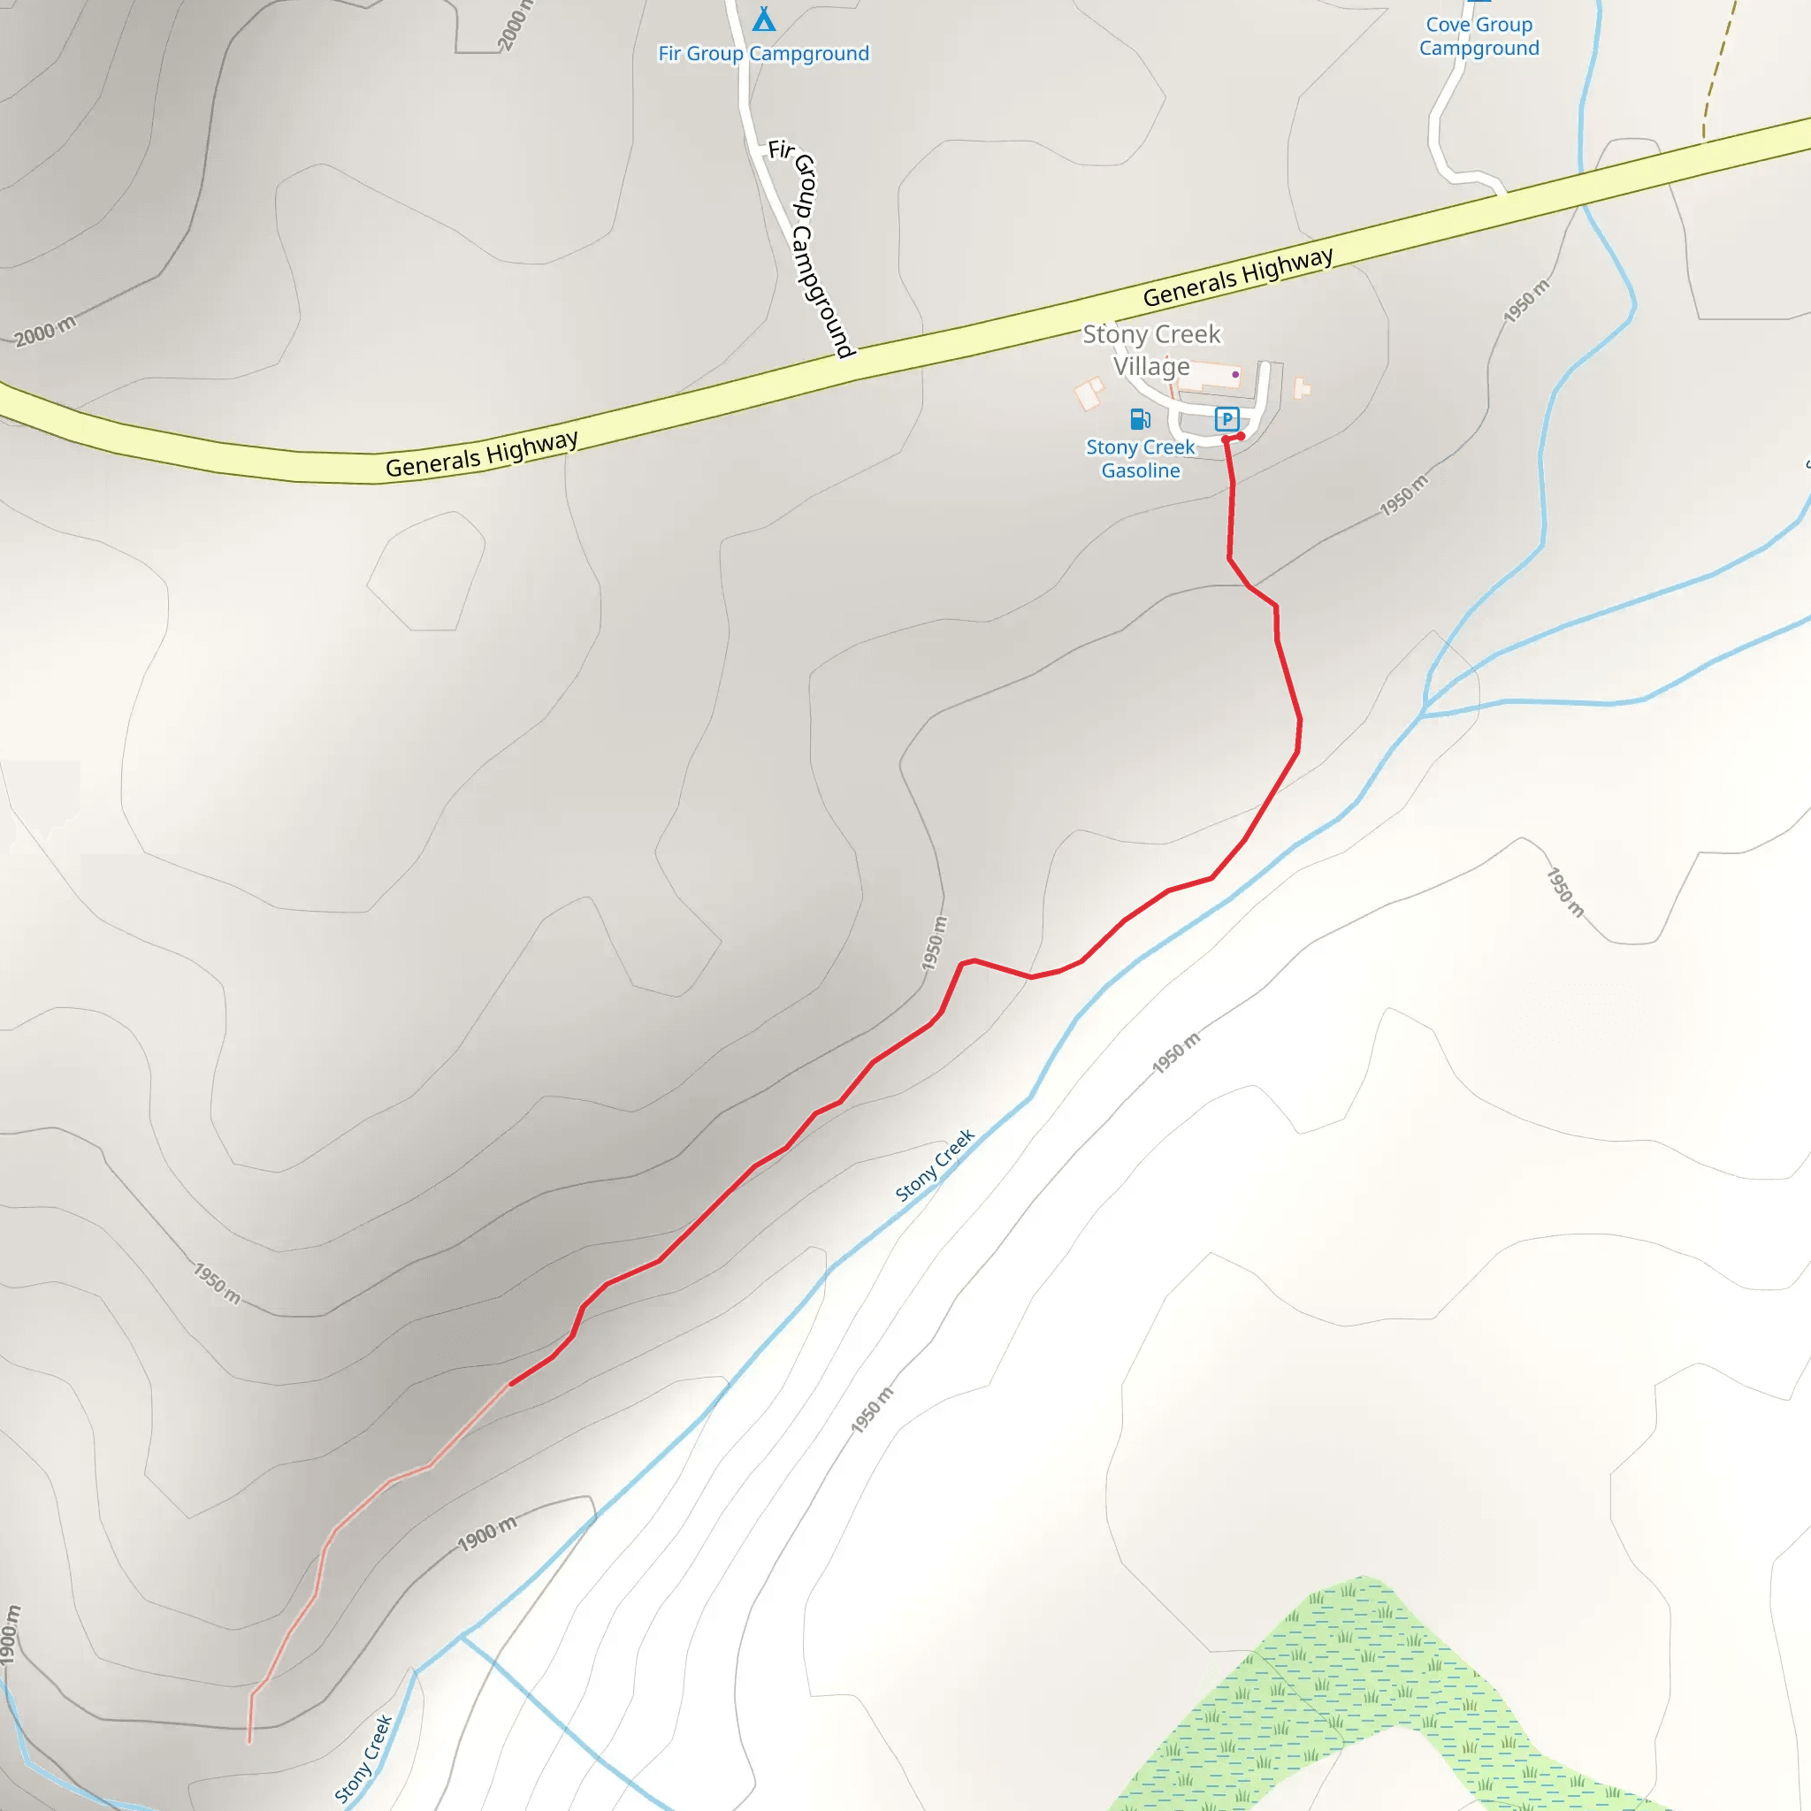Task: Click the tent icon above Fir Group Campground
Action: tap(764, 19)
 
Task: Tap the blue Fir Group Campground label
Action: tap(763, 53)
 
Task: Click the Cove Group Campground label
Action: tap(1479, 36)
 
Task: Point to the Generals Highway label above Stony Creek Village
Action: tap(1237, 277)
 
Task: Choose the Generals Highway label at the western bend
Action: tap(482, 454)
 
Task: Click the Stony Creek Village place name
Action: tap(1152, 349)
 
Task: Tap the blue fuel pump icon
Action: tap(1140, 418)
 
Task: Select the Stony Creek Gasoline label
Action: tap(1140, 458)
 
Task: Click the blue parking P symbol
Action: tap(1226, 418)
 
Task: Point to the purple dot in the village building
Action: tap(1235, 374)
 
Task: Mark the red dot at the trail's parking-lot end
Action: tap(1240, 436)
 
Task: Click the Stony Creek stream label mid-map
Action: tap(935, 1165)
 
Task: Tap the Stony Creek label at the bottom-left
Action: tap(363, 1759)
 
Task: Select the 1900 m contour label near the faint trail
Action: tap(486, 1534)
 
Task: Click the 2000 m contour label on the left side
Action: tap(45, 331)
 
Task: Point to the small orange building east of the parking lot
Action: tap(1301, 387)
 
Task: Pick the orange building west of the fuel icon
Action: tap(1089, 392)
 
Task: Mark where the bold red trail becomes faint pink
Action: tap(510, 1384)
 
